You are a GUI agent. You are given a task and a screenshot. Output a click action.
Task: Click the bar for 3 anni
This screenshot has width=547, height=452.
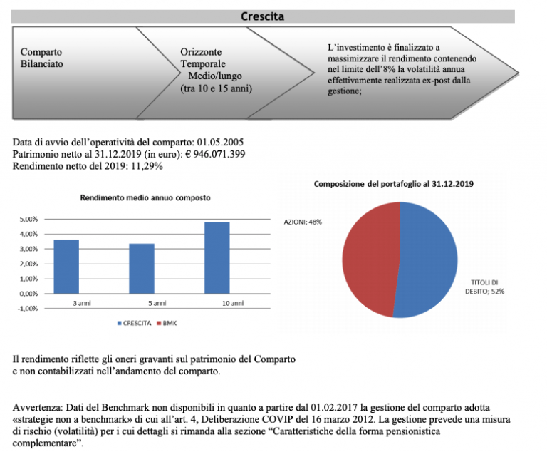pos(67,267)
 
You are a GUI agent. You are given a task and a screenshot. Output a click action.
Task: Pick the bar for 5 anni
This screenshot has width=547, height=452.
pos(142,269)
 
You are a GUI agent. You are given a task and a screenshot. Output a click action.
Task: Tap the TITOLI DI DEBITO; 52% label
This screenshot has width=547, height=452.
pos(491,286)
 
